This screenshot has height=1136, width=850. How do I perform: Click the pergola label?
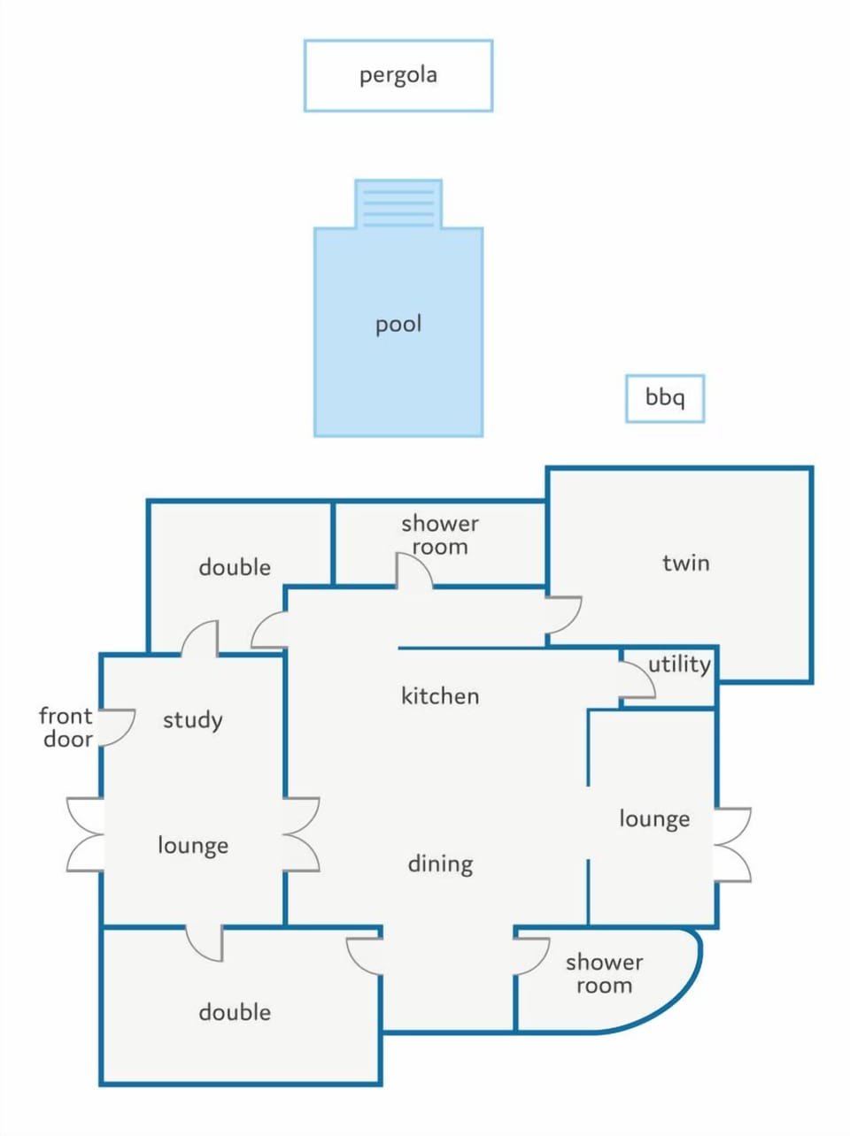[x=398, y=75]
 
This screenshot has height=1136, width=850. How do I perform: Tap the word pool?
[x=398, y=325]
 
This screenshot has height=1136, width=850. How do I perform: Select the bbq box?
[x=665, y=398]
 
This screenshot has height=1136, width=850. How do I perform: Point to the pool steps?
[x=398, y=204]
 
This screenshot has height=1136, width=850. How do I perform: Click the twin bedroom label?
[x=686, y=563]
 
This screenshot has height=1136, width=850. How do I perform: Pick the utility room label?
[x=679, y=664]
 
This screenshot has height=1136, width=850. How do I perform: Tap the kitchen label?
[x=440, y=696]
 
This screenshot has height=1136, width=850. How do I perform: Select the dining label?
[x=440, y=864]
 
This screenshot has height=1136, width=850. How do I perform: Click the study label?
[x=193, y=720]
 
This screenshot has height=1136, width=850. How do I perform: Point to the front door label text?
[x=66, y=727]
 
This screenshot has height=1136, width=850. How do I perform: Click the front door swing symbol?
[x=117, y=727]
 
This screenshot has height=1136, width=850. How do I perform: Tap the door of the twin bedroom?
[x=563, y=615]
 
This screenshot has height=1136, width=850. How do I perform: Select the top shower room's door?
[x=414, y=571]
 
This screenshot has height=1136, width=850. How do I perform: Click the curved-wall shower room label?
[x=605, y=974]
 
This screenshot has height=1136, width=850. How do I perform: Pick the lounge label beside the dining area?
[x=654, y=819]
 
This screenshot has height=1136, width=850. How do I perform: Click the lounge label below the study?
[x=193, y=846]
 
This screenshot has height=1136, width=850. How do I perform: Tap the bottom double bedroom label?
[x=235, y=1013]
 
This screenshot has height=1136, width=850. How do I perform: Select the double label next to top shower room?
[x=235, y=568]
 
